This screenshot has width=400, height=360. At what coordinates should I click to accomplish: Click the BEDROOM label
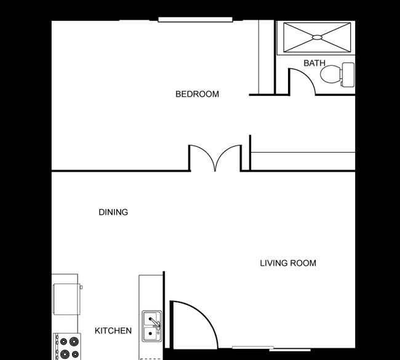click(197, 94)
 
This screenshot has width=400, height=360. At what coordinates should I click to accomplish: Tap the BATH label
click(314, 63)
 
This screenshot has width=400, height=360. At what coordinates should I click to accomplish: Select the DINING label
click(113, 212)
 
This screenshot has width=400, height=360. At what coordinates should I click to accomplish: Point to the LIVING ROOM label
click(288, 263)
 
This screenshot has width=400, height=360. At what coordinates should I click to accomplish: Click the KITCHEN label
click(113, 330)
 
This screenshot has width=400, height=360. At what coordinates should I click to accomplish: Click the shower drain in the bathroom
click(317, 38)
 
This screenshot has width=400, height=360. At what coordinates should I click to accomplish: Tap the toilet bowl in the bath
click(330, 74)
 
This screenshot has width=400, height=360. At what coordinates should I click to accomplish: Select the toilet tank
click(348, 74)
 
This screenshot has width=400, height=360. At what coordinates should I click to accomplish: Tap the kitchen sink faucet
click(154, 322)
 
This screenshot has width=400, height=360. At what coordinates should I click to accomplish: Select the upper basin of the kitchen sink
click(150, 319)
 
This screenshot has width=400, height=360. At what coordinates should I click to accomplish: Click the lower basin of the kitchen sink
click(150, 333)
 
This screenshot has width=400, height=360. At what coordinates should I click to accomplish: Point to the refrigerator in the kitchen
click(67, 298)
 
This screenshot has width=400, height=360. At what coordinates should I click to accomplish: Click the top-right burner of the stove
click(74, 340)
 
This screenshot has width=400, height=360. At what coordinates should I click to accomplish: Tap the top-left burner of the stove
click(63, 341)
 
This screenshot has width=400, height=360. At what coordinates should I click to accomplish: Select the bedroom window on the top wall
click(195, 20)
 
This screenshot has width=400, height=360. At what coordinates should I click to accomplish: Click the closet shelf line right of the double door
click(303, 153)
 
